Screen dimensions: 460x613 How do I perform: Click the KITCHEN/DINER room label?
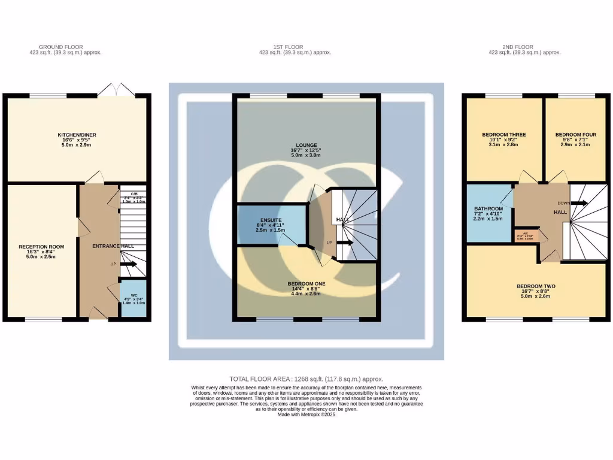[77, 135]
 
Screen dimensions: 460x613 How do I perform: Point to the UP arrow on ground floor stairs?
[129, 264]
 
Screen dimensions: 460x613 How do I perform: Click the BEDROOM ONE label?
[306, 283]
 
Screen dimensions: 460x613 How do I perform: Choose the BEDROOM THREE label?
[504, 135]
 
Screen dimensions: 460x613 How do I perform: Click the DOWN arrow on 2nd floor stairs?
[579, 203]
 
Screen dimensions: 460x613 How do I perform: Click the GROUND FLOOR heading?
[61, 47]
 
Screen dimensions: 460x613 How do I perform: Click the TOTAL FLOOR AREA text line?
[306, 379]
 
